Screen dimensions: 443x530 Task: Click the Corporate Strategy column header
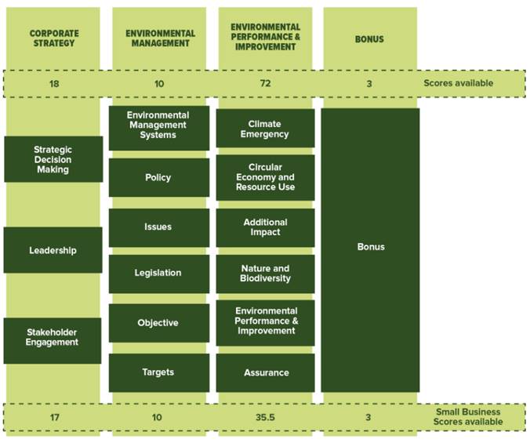point(53,38)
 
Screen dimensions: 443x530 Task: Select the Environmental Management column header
point(159,38)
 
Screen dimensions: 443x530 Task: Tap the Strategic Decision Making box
point(53,159)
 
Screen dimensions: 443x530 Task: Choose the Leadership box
point(53,250)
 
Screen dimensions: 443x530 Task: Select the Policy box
point(158,178)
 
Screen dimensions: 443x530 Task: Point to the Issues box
point(158,227)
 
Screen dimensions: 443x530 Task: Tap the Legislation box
point(158,274)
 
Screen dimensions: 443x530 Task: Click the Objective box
point(158,323)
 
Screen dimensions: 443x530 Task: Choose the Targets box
point(158,372)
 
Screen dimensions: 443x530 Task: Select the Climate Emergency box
point(265,129)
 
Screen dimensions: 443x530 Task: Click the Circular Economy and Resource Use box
point(265,177)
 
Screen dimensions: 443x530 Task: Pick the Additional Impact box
point(265,227)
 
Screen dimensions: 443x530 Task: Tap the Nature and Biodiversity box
point(265,274)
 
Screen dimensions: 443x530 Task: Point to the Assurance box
point(265,372)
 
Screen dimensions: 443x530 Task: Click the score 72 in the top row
point(265,82)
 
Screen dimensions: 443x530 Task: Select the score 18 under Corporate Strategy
point(53,82)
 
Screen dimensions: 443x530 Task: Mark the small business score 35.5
point(265,417)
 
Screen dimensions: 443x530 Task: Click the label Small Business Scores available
point(469,417)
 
